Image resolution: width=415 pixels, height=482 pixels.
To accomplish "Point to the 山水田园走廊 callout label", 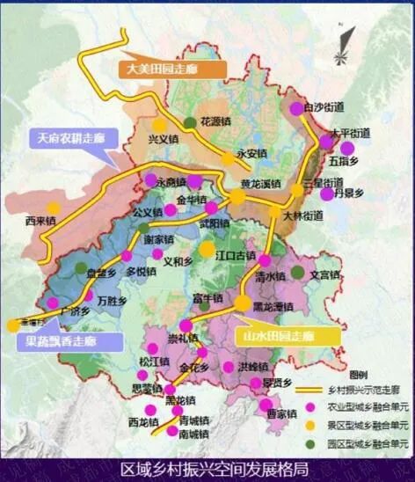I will (x=280, y=336).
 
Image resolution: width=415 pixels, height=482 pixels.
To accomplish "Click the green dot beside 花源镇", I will (x=190, y=122).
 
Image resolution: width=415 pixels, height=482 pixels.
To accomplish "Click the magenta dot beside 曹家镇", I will (x=265, y=405).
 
